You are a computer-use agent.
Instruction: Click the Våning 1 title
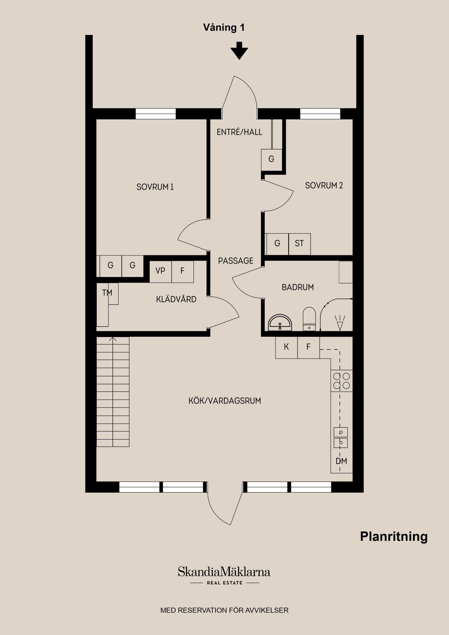(224, 27)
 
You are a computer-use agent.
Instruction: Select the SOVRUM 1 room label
(155, 187)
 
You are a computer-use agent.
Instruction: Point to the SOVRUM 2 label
(324, 185)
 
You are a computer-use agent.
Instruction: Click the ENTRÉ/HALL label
(239, 132)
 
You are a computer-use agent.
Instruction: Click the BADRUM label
(298, 287)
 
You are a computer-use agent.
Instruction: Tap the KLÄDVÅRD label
(176, 299)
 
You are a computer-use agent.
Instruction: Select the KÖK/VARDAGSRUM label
(225, 401)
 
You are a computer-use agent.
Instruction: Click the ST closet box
(299, 244)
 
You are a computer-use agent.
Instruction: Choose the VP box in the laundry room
(160, 271)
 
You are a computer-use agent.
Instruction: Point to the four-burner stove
(341, 381)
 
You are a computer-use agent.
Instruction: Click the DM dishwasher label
(341, 461)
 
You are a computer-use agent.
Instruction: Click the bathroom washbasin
(280, 323)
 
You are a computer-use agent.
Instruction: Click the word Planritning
(394, 537)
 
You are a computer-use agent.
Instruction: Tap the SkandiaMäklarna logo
(224, 572)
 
